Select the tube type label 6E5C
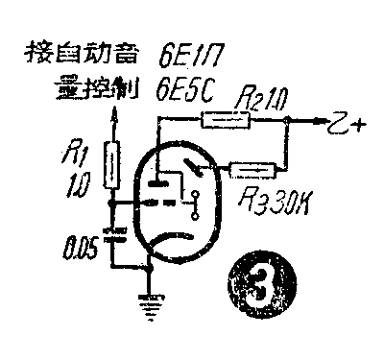(186, 93)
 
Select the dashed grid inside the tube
(158, 204)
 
